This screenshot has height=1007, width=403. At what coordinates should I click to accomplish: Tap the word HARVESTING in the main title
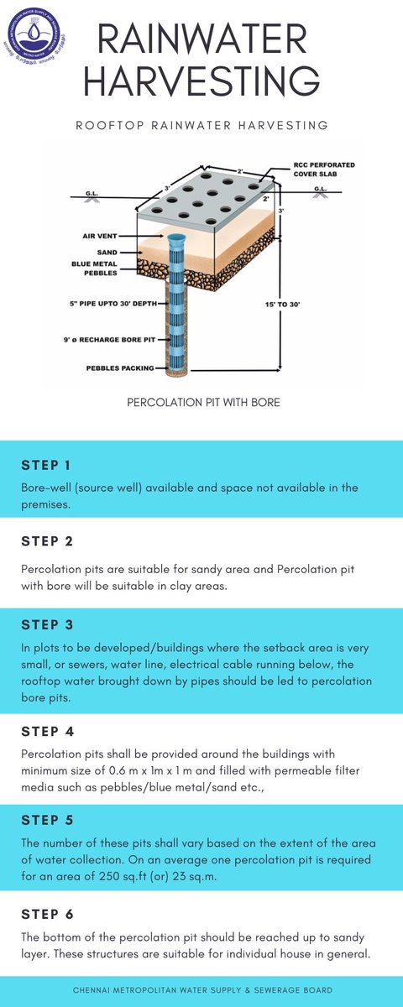point(201,82)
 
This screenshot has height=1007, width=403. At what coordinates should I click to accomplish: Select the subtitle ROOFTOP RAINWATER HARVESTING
point(201,125)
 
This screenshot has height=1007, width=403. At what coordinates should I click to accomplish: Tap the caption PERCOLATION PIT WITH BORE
point(203,403)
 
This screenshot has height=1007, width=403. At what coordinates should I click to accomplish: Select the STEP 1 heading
point(47,465)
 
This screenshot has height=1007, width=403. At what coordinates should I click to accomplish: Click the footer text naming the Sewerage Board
point(201,990)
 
